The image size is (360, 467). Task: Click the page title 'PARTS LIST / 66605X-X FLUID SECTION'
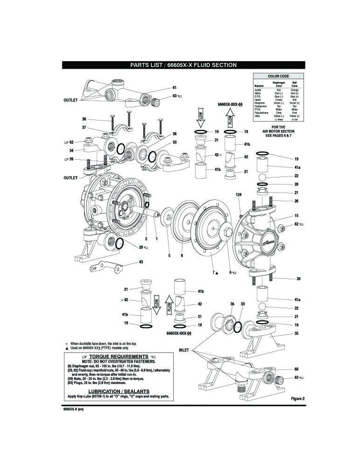coord(183,65)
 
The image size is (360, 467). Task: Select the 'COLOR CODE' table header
coord(278,76)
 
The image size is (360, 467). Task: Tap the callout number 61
coord(175,88)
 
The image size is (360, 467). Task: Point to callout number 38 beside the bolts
coord(85,119)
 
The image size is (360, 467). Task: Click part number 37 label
coord(85,127)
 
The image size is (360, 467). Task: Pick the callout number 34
coord(71,150)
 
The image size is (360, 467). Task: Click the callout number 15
coord(296,216)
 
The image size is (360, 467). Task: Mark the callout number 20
coord(296,184)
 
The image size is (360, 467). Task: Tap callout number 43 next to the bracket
coord(141,262)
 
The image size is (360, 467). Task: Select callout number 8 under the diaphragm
coord(181,255)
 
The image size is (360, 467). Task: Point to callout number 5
coord(169,255)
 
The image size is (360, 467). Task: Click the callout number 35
coord(296,334)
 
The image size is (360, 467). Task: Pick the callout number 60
coord(296,369)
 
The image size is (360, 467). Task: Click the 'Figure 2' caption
coord(297,398)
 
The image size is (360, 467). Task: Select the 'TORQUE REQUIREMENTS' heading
coord(118,356)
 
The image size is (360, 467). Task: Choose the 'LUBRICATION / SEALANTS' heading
coord(118,390)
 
